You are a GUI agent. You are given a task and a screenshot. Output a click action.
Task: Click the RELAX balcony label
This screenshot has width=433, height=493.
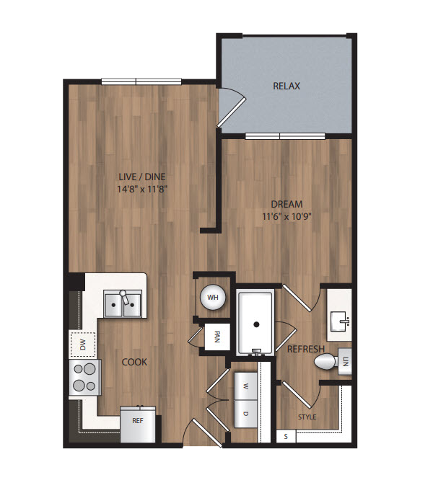(x=287, y=86)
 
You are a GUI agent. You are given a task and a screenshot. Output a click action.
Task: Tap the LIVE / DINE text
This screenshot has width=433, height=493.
(x=142, y=177)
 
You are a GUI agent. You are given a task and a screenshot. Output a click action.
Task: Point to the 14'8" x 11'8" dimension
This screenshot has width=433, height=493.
(x=142, y=190)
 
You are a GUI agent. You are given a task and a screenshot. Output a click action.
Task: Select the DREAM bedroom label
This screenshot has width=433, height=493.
(x=287, y=204)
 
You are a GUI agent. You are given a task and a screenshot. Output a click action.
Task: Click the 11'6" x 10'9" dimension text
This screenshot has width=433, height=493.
(x=287, y=217)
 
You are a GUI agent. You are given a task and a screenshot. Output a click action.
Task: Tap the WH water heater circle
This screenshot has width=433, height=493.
(x=213, y=297)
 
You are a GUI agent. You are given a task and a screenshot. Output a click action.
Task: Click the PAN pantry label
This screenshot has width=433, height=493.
(x=216, y=337)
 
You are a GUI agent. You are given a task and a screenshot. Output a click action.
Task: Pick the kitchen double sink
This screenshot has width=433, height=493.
(x=123, y=304)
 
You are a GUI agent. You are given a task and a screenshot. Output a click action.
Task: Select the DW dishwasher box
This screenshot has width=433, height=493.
(x=82, y=345)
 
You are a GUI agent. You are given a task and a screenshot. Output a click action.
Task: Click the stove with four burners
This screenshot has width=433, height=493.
(x=84, y=377)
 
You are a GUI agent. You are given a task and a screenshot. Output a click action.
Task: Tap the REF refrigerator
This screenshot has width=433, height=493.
(x=138, y=424)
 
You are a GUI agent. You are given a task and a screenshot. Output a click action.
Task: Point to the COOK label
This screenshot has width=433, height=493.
(x=134, y=363)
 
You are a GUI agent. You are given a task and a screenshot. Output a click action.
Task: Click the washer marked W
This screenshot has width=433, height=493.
(x=245, y=386)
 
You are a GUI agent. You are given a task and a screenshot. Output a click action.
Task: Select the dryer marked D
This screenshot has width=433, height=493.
(x=245, y=414)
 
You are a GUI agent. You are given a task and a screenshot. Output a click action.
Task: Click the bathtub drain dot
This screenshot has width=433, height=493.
(x=256, y=324)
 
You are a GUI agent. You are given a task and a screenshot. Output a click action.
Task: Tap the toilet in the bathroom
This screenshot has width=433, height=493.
(x=326, y=361)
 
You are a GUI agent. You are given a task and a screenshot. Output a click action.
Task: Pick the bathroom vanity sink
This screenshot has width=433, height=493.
(x=339, y=321)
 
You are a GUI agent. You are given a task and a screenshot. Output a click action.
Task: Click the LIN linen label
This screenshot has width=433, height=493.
(x=346, y=362)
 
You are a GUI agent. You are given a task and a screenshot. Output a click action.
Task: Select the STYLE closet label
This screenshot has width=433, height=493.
(x=307, y=417)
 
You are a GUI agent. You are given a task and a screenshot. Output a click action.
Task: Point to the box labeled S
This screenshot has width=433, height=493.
(x=286, y=436)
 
